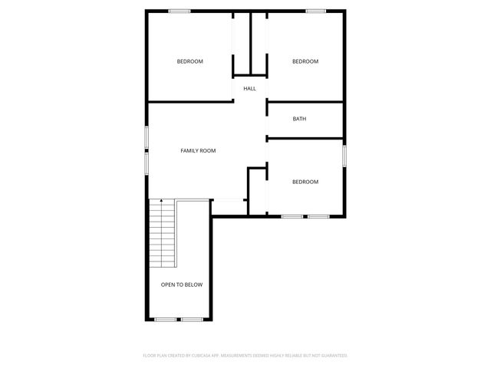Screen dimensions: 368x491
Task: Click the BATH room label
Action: [x=299, y=119]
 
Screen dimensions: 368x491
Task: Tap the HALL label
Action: [x=249, y=89]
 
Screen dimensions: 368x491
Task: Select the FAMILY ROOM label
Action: [x=198, y=151]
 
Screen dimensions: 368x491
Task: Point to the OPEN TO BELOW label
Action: [x=182, y=284]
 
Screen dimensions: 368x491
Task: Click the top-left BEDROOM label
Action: [x=189, y=61]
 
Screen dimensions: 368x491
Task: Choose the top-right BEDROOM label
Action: [x=305, y=61]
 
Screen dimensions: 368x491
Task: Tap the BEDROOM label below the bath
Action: [x=305, y=182]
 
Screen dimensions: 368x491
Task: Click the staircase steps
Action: [x=163, y=234]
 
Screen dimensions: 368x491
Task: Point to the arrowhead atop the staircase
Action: [x=161, y=200]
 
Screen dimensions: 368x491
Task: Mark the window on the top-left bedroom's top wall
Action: [x=180, y=10]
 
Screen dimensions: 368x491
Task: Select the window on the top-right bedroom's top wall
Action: [x=316, y=10]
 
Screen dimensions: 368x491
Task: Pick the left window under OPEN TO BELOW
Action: [x=166, y=319]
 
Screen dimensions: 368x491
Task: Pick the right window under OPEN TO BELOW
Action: [x=192, y=319]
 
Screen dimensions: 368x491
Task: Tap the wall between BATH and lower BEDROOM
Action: [x=305, y=138]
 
